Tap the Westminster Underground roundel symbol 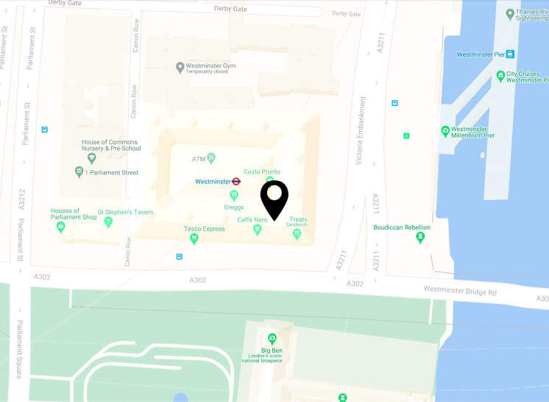tap(236, 181)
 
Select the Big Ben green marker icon tap(272, 339)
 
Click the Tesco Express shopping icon tap(194, 238)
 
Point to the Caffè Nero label tap(251, 219)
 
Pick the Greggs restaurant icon tap(234, 195)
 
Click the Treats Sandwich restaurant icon tap(297, 233)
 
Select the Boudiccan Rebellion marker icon tap(420, 237)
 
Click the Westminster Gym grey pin tap(180, 68)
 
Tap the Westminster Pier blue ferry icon tap(510, 54)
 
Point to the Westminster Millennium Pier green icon tap(445, 131)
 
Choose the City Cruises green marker tap(500, 75)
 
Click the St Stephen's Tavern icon tap(109, 221)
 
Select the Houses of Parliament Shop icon tap(61, 227)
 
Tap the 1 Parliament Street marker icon tap(79, 172)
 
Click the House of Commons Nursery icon tap(92, 157)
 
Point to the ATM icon tap(211, 158)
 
